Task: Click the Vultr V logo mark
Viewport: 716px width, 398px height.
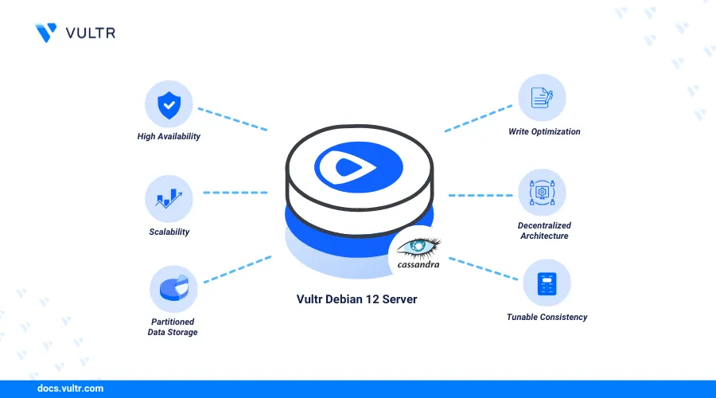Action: pyautogui.click(x=45, y=33)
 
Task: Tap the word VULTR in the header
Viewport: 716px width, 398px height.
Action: pyautogui.click(x=91, y=33)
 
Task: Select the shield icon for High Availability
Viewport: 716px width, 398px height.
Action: pyautogui.click(x=169, y=105)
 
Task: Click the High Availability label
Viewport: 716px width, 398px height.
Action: pyautogui.click(x=169, y=136)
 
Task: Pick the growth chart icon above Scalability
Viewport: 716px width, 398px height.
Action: pyautogui.click(x=169, y=198)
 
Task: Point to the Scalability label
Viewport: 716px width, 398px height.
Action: pyautogui.click(x=169, y=232)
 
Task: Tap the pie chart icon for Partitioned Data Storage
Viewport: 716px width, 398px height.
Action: pyautogui.click(x=174, y=288)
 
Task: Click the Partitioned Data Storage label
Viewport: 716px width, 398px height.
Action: pyautogui.click(x=173, y=326)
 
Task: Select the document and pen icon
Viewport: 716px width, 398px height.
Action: pyautogui.click(x=542, y=98)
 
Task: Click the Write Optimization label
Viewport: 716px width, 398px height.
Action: pyautogui.click(x=544, y=131)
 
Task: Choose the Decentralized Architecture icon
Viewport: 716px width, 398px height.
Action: pyautogui.click(x=542, y=193)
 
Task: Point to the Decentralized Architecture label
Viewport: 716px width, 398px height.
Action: pyautogui.click(x=544, y=230)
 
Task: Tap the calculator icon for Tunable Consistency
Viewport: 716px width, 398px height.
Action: pyautogui.click(x=547, y=283)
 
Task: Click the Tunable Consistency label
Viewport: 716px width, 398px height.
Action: pyautogui.click(x=547, y=317)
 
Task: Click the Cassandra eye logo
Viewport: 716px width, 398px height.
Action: pyautogui.click(x=418, y=248)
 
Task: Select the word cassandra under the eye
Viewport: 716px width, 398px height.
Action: pyautogui.click(x=418, y=264)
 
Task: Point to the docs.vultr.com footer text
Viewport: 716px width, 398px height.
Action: pyautogui.click(x=70, y=388)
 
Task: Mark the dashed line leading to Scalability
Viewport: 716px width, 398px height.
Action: pyautogui.click(x=235, y=193)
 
